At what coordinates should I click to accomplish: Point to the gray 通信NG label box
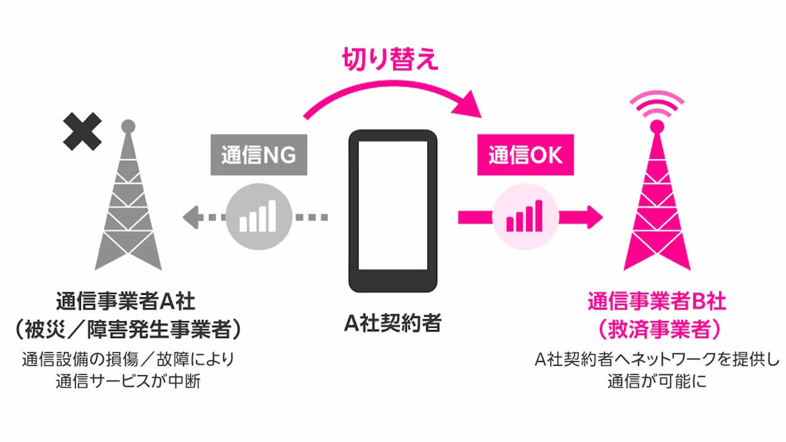click(259, 155)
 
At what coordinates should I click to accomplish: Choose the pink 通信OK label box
click(526, 155)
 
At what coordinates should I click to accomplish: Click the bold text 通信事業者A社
click(128, 303)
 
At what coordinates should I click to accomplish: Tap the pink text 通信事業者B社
click(657, 303)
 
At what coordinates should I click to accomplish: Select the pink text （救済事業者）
click(657, 330)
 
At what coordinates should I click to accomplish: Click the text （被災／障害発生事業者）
click(128, 330)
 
